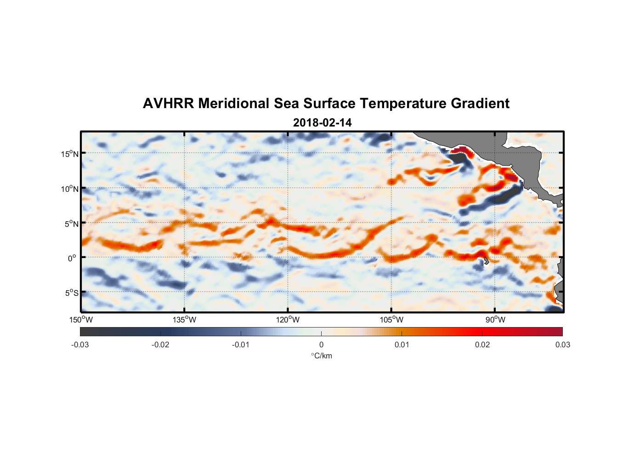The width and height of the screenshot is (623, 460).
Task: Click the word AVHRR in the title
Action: [168, 103]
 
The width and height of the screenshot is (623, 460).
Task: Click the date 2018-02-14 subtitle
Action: [322, 123]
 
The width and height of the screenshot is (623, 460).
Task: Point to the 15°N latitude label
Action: [69, 154]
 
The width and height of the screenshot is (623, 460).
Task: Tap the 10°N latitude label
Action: [69, 189]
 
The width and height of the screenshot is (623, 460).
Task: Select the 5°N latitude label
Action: [71, 224]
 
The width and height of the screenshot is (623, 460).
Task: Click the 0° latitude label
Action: [72, 258]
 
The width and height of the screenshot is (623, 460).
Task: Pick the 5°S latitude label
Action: [71, 293]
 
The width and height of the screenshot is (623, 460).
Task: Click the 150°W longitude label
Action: [81, 320]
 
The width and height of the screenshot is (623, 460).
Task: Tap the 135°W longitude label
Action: [184, 320]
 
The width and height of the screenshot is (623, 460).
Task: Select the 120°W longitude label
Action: [288, 320]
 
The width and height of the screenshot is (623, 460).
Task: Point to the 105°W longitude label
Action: [391, 320]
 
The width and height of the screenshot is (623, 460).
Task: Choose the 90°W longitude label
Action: [495, 320]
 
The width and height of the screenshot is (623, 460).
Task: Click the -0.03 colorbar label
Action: [80, 345]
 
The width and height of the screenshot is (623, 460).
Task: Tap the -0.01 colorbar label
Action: [240, 345]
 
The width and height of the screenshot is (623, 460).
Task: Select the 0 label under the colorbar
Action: [321, 345]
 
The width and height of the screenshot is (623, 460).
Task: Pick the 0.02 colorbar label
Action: [482, 345]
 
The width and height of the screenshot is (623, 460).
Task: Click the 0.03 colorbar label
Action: [562, 345]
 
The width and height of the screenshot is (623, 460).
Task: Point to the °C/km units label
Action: [321, 356]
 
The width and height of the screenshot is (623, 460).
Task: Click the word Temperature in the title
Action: [403, 103]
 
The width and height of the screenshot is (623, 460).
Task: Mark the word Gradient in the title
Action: [480, 103]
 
